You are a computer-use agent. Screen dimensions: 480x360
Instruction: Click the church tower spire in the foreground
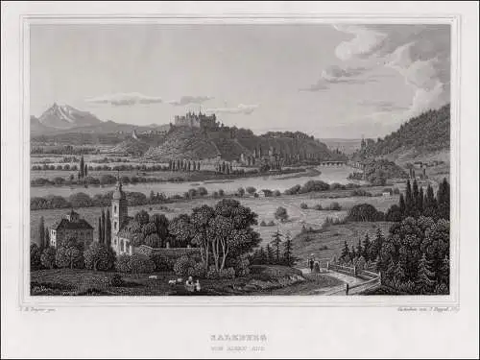118,190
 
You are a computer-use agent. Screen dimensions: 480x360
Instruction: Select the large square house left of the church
74,230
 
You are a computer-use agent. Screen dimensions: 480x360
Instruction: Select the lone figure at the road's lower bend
346,287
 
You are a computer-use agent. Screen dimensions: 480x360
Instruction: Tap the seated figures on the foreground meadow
193,284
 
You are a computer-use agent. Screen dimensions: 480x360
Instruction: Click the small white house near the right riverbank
386,194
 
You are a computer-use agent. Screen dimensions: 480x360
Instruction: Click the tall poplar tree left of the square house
43,233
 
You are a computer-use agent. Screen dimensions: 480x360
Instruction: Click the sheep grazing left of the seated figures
171,282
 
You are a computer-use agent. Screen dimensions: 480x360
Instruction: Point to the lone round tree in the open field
281,213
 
